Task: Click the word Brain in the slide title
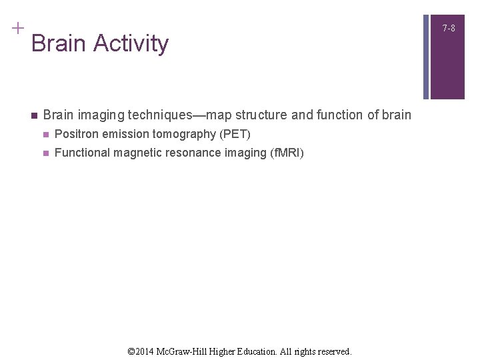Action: pyautogui.click(x=59, y=44)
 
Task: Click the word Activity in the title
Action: pyautogui.click(x=131, y=44)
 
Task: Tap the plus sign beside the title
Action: pyautogui.click(x=17, y=28)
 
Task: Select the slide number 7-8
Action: pyautogui.click(x=449, y=28)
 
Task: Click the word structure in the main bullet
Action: pyautogui.click(x=260, y=115)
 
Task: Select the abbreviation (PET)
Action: pyautogui.click(x=235, y=135)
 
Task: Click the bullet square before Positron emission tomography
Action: pyautogui.click(x=45, y=135)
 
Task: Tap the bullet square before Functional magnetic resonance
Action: pyautogui.click(x=45, y=153)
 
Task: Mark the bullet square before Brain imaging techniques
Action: pyautogui.click(x=32, y=115)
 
